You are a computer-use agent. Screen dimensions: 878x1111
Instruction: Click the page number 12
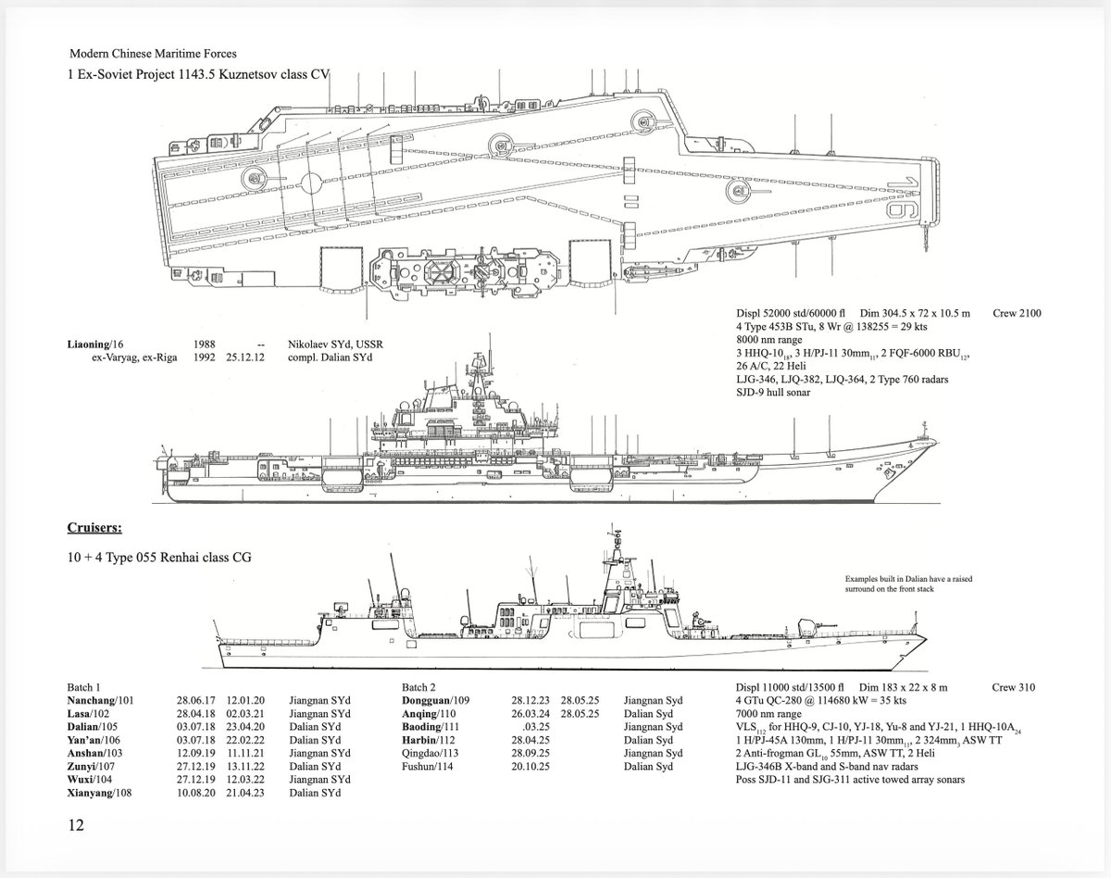(x=76, y=824)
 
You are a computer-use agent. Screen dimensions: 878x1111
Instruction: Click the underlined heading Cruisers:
(x=95, y=528)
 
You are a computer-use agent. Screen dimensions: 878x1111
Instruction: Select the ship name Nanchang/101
(x=101, y=701)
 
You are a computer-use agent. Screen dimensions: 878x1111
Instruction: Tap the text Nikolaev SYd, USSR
(x=336, y=345)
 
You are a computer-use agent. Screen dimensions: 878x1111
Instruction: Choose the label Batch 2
(x=420, y=687)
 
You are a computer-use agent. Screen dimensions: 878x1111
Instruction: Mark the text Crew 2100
(x=1017, y=313)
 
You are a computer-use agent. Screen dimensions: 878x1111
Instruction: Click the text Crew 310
(x=1014, y=687)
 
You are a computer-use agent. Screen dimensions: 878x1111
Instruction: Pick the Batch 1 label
(x=85, y=687)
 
